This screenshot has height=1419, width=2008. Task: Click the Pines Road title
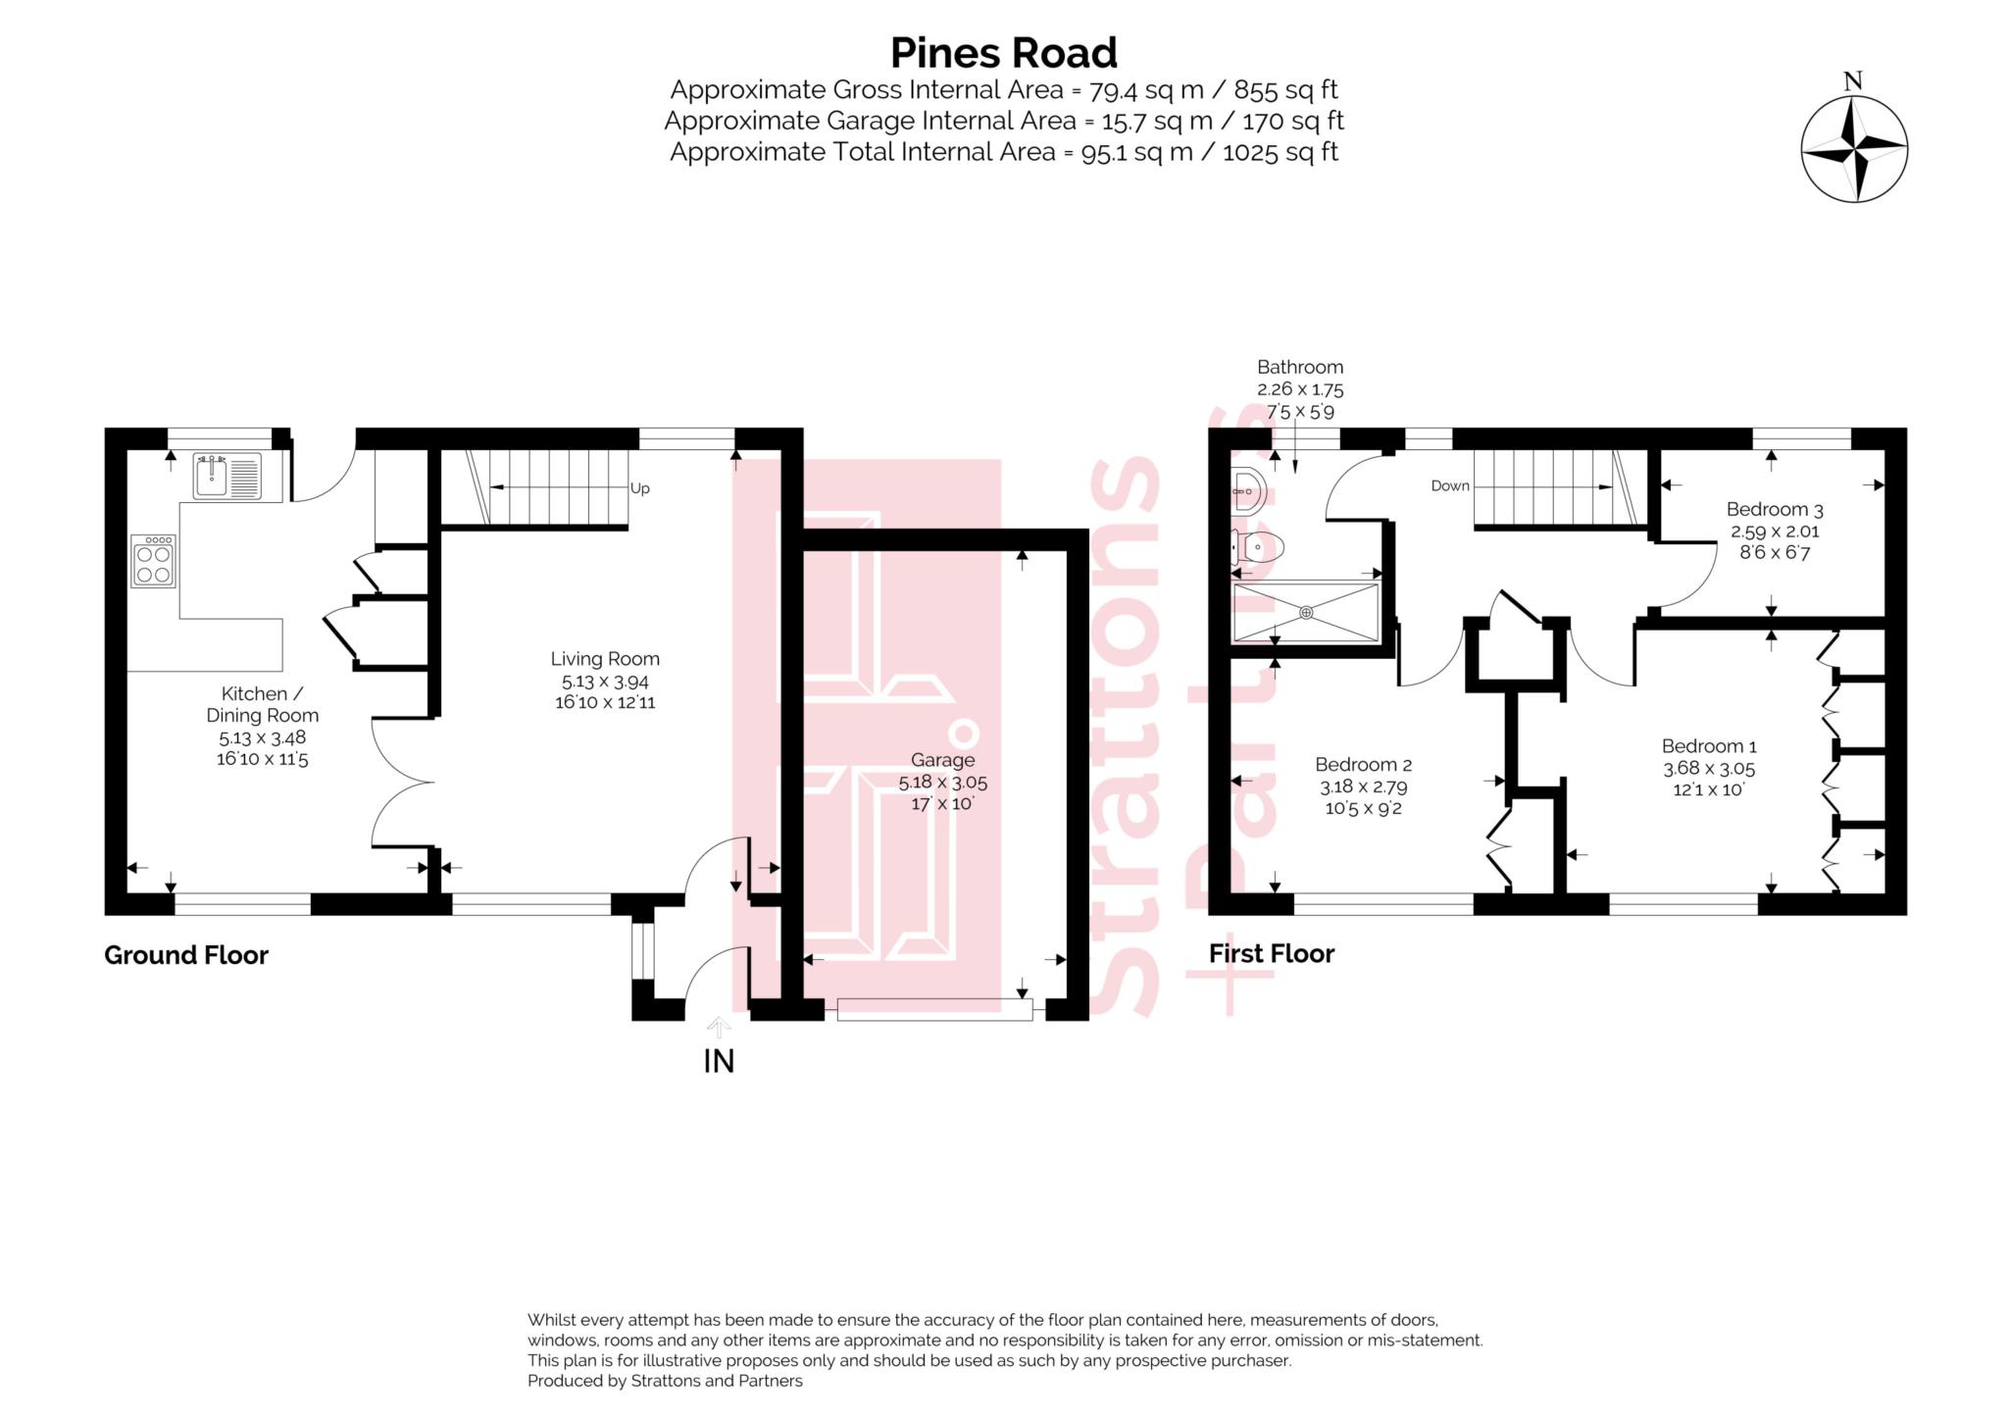coord(1003,53)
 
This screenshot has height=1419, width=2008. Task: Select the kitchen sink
coord(226,476)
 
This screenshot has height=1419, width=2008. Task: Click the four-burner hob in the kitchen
coord(153,561)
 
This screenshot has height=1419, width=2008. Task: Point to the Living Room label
coord(604,659)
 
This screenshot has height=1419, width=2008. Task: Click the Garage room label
coord(942,760)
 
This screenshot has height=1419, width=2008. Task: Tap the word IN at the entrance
coord(719,1061)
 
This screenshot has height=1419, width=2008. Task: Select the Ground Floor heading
coord(186,955)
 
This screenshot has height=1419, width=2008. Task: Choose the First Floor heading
coord(1271,953)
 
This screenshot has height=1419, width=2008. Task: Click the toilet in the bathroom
coord(1258,547)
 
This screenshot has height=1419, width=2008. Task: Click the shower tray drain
coord(1306,613)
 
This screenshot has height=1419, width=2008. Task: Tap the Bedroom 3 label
coord(1774,509)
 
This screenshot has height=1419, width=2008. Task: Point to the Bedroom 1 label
coord(1708,746)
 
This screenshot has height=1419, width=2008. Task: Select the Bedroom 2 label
coord(1363,765)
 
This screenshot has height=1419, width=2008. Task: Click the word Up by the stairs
coord(639,488)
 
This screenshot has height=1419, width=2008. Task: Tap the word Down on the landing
coord(1450,485)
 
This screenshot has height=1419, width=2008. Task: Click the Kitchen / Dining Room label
coord(262,704)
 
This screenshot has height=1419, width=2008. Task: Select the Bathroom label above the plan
coord(1300,367)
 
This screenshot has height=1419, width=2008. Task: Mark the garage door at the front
coord(934,1009)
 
